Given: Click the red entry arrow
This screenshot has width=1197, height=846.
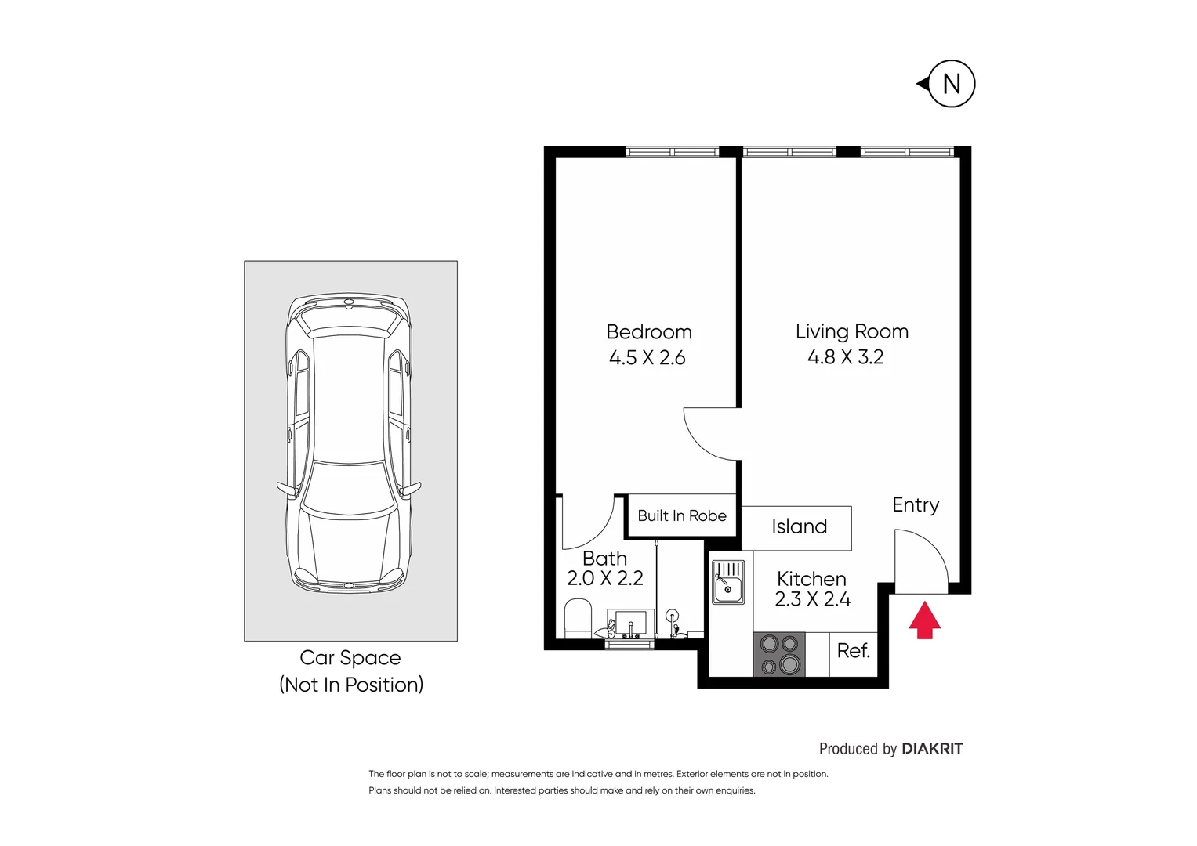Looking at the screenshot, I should pyautogui.click(x=924, y=620).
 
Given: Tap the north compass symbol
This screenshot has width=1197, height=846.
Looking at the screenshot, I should pyautogui.click(x=950, y=84).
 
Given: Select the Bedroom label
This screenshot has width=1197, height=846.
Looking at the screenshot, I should pyautogui.click(x=648, y=331).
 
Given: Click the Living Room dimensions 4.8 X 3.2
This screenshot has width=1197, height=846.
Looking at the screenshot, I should pyautogui.click(x=845, y=357).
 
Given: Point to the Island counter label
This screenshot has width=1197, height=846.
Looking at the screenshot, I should pyautogui.click(x=798, y=526).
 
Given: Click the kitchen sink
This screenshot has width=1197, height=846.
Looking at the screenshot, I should pyautogui.click(x=727, y=582).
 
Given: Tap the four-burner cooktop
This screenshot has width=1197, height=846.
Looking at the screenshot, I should pyautogui.click(x=779, y=654).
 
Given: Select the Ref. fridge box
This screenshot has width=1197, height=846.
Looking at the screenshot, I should pyautogui.click(x=853, y=652).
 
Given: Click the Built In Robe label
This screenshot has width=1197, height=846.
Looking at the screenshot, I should pyautogui.click(x=681, y=515).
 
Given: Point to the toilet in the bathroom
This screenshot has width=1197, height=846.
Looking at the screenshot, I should pyautogui.click(x=579, y=618).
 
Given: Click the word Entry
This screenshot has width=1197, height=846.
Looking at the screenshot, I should pyautogui.click(x=915, y=505).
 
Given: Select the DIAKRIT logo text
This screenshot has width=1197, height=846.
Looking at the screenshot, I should pyautogui.click(x=931, y=749).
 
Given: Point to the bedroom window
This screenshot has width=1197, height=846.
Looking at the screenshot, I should pyautogui.click(x=672, y=152).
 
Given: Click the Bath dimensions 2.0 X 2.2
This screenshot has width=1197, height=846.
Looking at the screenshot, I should pyautogui.click(x=604, y=579).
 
